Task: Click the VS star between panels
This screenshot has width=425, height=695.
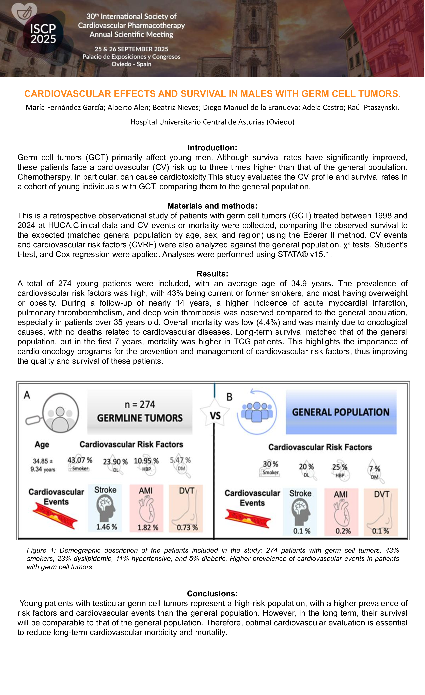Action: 215,416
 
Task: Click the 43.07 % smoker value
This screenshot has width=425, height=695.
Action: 80,460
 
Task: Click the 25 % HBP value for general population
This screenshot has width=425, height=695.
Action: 340,467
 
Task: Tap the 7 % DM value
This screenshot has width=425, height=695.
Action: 375,469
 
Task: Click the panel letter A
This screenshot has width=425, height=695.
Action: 27,395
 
